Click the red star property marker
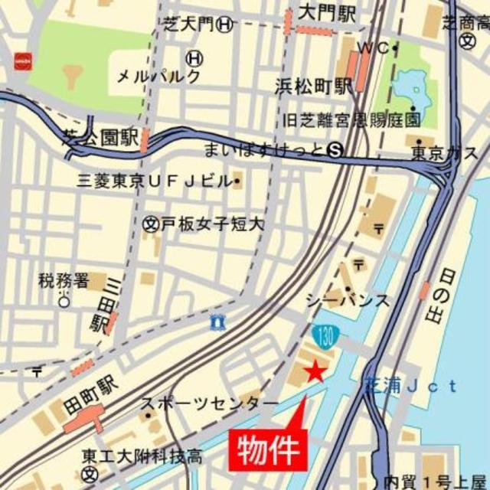(314, 372)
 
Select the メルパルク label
(158, 77)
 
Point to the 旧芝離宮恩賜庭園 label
(351, 120)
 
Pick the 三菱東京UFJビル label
(154, 181)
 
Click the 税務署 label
(64, 281)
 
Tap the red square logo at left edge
(22, 60)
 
